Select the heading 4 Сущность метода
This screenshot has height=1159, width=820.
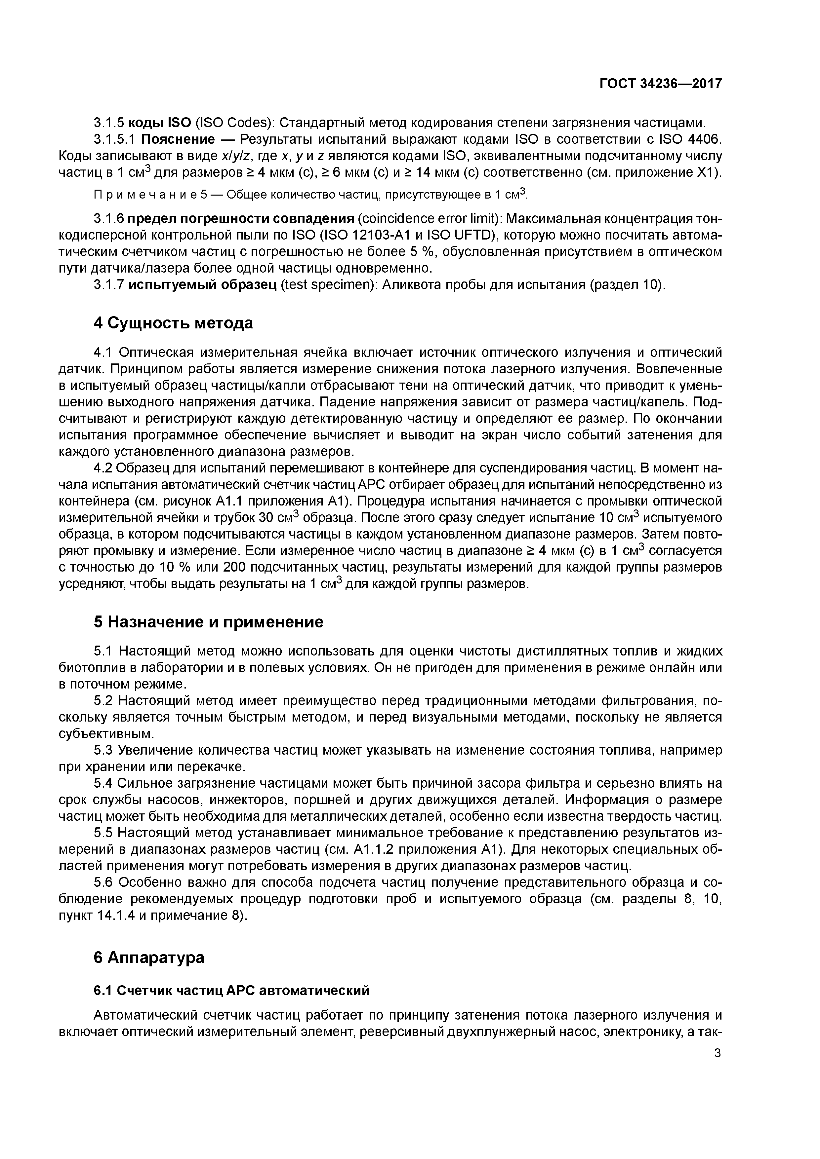click(x=173, y=323)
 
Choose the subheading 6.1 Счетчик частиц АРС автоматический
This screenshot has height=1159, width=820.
click(x=232, y=991)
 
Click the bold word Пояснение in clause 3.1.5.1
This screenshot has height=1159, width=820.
click(x=178, y=139)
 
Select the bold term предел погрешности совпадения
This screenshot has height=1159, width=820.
click(x=240, y=219)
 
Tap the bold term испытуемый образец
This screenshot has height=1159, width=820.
click(x=202, y=285)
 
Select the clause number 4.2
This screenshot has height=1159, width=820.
click(x=103, y=469)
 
